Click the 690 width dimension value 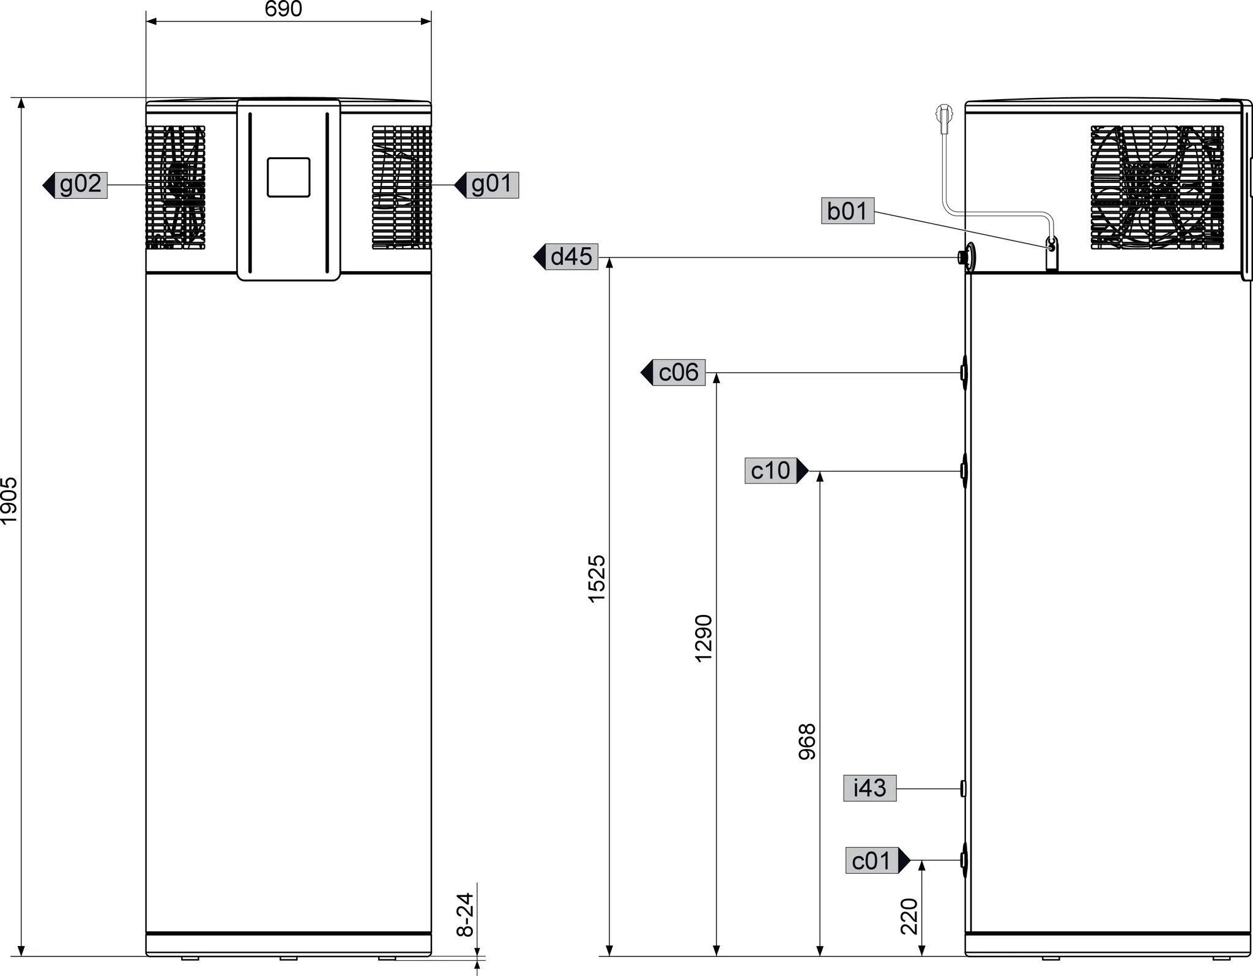point(283,9)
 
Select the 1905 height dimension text point(9,501)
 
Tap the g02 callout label point(81,185)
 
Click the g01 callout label point(492,185)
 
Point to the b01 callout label point(847,211)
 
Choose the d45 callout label point(571,257)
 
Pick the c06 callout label point(679,373)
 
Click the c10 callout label point(771,471)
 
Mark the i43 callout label point(869,788)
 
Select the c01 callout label point(872,861)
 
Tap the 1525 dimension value point(596,578)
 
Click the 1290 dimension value point(704,638)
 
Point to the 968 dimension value point(808,742)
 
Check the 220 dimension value point(910,916)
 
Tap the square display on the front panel point(288,177)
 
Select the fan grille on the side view point(1157,187)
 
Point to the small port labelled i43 point(963,789)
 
